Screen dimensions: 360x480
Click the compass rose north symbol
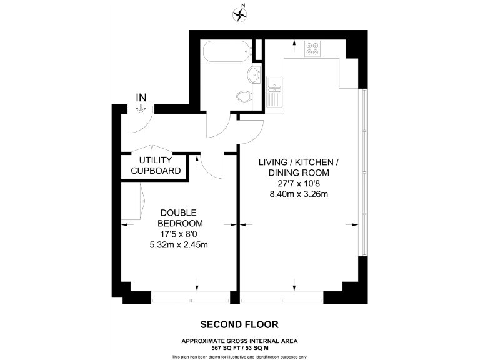[239, 13]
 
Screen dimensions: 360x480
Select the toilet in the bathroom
[244, 96]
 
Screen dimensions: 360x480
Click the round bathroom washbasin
[254, 74]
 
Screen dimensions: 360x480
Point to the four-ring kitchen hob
[312, 48]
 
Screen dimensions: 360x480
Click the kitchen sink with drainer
[274, 91]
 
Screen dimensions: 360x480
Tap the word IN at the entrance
[141, 97]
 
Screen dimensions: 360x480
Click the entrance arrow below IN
[141, 109]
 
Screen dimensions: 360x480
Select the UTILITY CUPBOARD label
[156, 166]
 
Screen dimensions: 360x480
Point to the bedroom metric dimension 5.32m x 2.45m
[179, 244]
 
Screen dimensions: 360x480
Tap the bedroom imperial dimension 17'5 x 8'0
[179, 234]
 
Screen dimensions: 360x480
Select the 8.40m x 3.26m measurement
[298, 194]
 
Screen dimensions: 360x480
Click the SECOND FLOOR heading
[239, 324]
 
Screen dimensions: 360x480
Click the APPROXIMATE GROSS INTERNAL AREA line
[239, 341]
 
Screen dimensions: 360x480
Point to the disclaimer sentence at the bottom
[239, 356]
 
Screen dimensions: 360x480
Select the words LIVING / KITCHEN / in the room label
[298, 162]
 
